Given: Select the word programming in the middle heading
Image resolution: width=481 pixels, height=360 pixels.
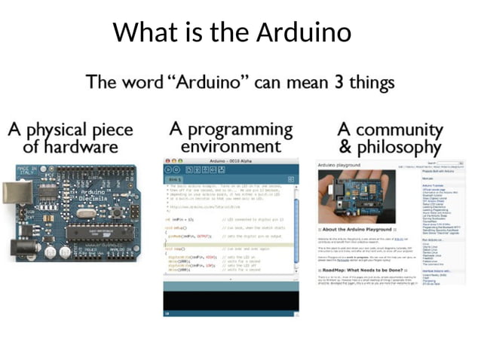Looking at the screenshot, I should (x=231, y=129).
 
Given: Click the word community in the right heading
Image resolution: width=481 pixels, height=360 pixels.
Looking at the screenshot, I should (x=400, y=129).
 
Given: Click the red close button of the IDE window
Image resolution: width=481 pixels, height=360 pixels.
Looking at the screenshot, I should (x=167, y=161).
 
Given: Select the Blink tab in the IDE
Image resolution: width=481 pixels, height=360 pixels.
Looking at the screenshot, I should (x=176, y=179).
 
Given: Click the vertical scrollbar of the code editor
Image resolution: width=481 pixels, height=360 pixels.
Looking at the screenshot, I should (x=296, y=226).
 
